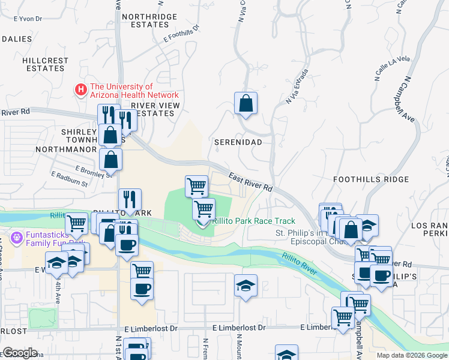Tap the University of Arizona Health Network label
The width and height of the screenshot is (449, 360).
coord(134,91)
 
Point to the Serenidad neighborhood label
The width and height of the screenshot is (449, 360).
coord(238,142)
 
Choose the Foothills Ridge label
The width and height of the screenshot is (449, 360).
coord(380,179)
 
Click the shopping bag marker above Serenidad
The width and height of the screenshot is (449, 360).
coord(246,104)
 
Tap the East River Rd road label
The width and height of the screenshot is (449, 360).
coord(251,182)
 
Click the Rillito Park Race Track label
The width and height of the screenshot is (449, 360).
coord(253,221)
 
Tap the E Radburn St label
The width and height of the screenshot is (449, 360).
coord(70,178)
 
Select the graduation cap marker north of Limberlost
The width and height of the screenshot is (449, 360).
coord(246,286)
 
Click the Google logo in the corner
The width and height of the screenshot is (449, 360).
coord(20,353)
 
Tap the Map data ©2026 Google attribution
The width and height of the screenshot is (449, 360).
coord(411,355)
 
